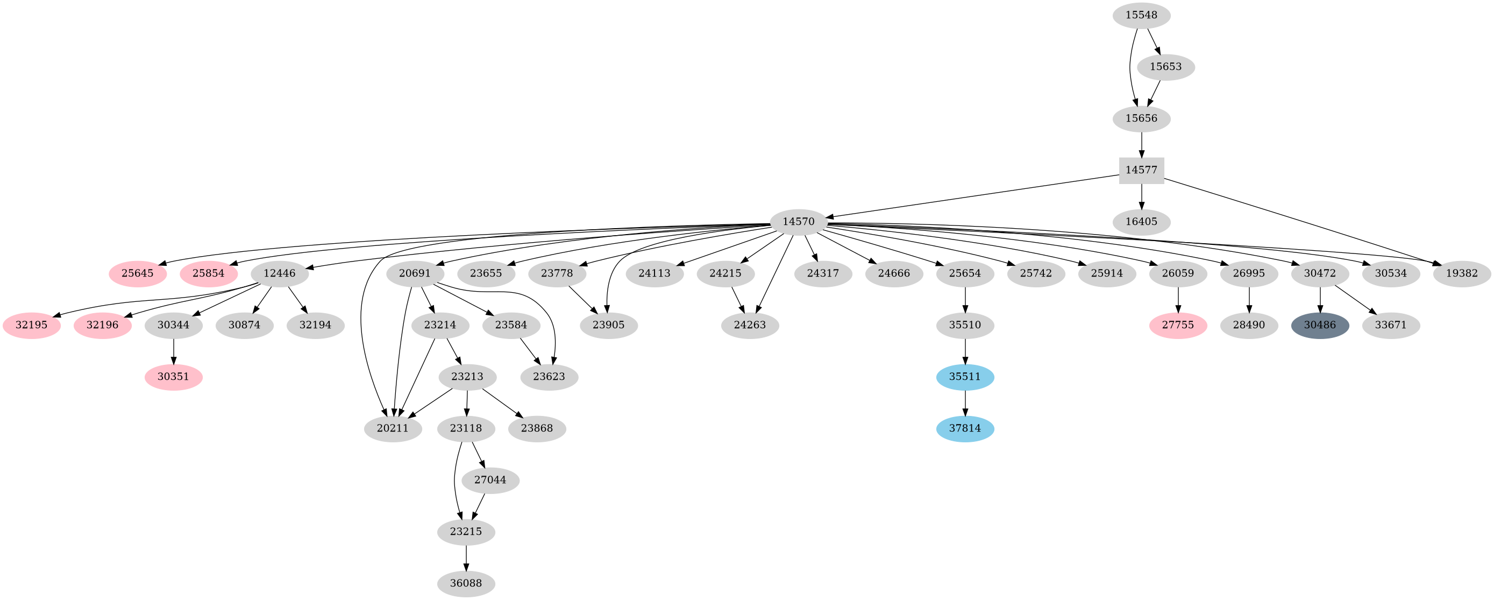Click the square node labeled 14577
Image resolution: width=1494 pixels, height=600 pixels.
[1141, 171]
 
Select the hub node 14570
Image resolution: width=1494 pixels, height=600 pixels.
[798, 222]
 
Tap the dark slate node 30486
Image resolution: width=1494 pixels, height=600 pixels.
[1319, 325]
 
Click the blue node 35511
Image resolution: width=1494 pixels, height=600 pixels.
[964, 377]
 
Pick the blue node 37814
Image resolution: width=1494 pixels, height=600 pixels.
[964, 429]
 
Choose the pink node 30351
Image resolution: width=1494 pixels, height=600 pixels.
[173, 377]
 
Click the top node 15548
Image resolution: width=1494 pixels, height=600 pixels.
[1141, 16]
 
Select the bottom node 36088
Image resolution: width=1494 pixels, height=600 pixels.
[466, 584]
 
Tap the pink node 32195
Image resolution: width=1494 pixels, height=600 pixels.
[31, 325]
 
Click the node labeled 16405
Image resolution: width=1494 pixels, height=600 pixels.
[1141, 222]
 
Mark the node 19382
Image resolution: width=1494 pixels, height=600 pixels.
[1462, 274]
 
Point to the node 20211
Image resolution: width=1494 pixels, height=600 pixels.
[393, 429]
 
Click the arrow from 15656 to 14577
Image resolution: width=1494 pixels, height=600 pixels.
[1141, 145]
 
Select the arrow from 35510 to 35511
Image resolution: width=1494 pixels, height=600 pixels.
[964, 351]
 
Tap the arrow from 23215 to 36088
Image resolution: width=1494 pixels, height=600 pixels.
[466, 557]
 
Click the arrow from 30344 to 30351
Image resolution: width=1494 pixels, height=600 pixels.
[173, 351]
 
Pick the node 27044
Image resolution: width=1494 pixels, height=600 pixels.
[490, 481]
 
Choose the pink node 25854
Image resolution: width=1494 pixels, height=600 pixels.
[208, 274]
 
